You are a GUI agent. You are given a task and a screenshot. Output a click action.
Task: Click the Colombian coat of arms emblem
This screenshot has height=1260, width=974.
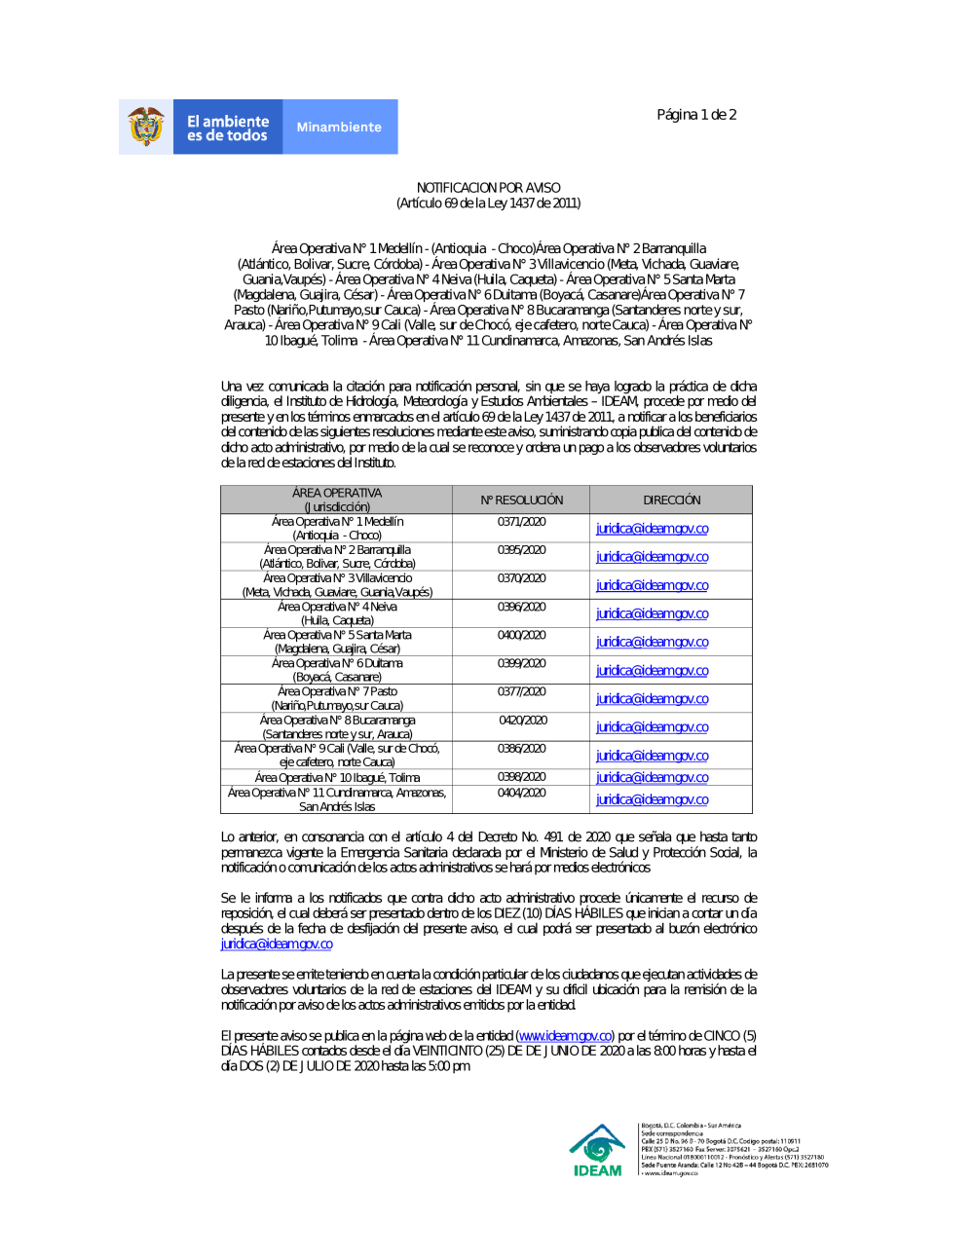(146, 127)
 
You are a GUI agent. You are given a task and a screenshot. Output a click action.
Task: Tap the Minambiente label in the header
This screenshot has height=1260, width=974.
(339, 127)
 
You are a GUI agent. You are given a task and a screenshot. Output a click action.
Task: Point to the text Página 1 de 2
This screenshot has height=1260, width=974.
(696, 115)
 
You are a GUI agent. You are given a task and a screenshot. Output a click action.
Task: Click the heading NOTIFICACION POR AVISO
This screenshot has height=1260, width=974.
(488, 187)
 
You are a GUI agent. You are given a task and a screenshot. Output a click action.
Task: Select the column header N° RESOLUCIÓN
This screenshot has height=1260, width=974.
(521, 500)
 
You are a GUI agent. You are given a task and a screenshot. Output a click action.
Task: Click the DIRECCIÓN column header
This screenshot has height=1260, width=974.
(671, 500)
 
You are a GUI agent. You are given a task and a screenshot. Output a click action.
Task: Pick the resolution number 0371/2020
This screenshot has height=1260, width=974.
(521, 522)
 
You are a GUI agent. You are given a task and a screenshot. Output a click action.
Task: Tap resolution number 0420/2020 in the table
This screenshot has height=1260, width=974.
(523, 721)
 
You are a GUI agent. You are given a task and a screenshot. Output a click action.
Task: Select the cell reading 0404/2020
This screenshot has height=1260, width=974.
(521, 793)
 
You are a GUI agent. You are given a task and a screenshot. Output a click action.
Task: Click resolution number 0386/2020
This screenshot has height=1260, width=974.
(521, 749)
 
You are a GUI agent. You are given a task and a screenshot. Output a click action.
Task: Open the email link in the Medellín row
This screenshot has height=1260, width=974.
(652, 529)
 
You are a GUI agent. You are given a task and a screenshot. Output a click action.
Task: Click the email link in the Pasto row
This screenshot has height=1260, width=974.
(652, 699)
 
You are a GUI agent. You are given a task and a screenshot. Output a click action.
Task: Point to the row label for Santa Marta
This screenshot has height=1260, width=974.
(337, 642)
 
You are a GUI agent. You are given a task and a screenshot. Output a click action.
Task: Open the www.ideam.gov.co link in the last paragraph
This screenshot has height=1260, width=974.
(565, 1036)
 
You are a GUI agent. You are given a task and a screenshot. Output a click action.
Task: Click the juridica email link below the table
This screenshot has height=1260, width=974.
(277, 945)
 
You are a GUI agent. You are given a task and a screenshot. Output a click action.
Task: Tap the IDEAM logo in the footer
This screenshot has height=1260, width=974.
(597, 1151)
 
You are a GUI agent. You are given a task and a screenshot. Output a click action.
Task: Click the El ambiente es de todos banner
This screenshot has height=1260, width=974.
(228, 128)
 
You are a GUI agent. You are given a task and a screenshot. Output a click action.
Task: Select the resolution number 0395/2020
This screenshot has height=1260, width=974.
(521, 550)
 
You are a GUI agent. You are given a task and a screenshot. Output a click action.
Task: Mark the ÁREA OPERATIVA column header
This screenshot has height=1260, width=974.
(337, 500)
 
